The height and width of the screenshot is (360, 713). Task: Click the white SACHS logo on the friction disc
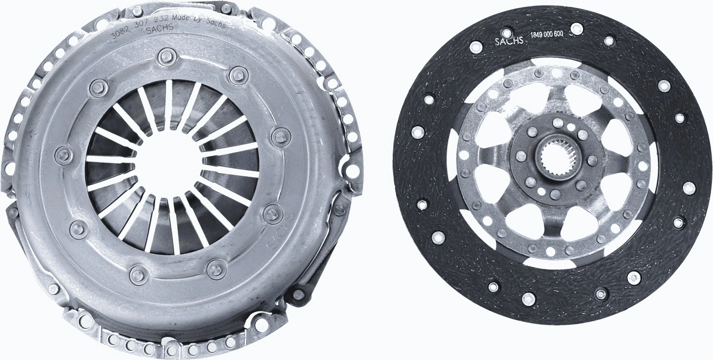click(510, 42)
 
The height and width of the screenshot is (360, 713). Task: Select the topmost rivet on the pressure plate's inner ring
click(165, 56)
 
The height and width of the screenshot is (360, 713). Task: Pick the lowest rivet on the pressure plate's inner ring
click(137, 274)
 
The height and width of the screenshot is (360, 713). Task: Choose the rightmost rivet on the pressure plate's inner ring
click(278, 136)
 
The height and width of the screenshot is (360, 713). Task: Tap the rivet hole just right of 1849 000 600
click(578, 29)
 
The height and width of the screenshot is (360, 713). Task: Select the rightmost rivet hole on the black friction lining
click(689, 188)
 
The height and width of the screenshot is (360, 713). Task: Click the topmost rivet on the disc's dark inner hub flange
click(556, 122)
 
